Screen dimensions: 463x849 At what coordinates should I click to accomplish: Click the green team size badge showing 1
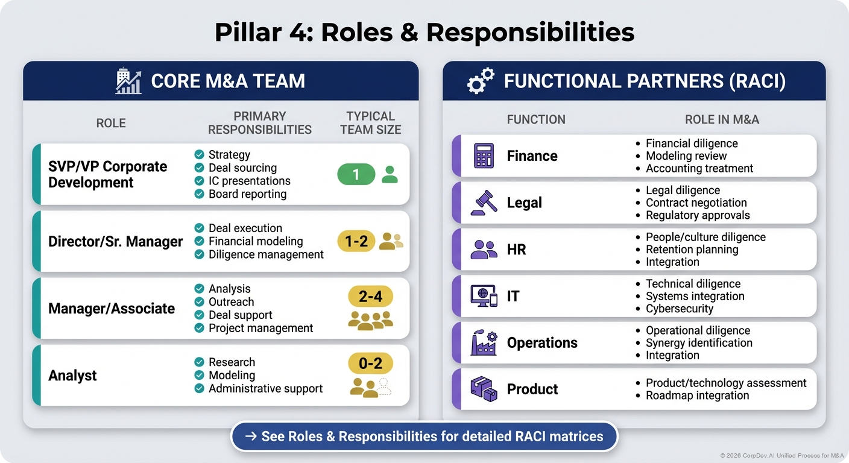356,175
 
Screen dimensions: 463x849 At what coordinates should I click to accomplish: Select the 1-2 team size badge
356,241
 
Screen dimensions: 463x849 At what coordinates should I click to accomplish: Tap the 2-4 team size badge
370,297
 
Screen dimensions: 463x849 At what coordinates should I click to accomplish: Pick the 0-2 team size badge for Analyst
370,364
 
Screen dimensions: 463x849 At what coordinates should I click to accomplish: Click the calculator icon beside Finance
484,156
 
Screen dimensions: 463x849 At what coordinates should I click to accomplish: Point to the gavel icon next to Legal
484,203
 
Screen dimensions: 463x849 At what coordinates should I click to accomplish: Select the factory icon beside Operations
484,342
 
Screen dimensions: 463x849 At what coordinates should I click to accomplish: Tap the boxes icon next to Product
484,389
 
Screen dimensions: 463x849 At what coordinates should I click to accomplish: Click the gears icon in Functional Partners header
480,81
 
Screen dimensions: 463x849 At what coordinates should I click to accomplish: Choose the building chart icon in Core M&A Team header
128,81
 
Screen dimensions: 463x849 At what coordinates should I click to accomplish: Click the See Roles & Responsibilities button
424,436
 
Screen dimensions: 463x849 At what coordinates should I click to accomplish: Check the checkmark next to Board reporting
199,194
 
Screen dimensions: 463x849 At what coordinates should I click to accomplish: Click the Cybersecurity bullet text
679,309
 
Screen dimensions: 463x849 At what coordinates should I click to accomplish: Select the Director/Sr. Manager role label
115,242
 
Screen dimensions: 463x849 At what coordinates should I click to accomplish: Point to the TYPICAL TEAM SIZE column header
370,122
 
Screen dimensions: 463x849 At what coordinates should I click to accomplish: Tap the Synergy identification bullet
699,342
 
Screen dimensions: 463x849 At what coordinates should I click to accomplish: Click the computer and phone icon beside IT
484,296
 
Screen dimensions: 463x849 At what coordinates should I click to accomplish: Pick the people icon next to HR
484,250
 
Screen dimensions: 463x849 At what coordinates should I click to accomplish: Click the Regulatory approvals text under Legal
698,215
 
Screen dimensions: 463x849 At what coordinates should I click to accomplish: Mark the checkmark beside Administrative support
199,389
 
